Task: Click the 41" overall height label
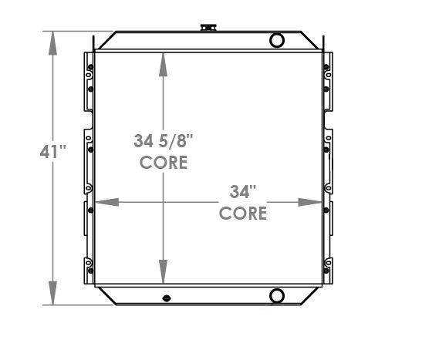[x=53, y=152]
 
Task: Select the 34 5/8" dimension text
[x=162, y=142]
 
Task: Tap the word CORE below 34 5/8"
[x=162, y=163]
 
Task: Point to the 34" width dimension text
[x=243, y=190]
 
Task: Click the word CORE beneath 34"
[x=243, y=213]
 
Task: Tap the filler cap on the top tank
[x=207, y=28]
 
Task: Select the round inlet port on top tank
[x=277, y=40]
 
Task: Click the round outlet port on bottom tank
[x=277, y=295]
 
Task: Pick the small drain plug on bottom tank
[x=165, y=298]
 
